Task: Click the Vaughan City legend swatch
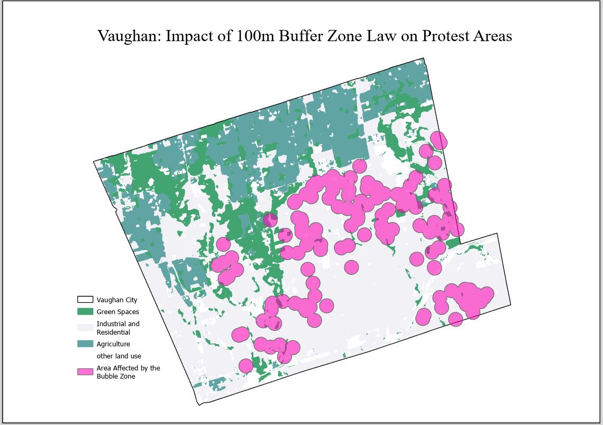point(85,300)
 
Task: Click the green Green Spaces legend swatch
point(85,312)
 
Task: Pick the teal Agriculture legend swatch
point(85,344)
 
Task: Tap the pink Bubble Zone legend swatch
point(85,372)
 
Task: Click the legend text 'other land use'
point(118,356)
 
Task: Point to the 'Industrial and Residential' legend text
point(117,328)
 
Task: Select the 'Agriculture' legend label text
point(113,344)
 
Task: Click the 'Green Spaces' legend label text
point(117,312)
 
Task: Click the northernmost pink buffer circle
point(438,141)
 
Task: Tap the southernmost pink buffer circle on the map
point(245,365)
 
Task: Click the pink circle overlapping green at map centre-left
point(270,219)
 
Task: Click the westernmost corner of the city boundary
point(94,160)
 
